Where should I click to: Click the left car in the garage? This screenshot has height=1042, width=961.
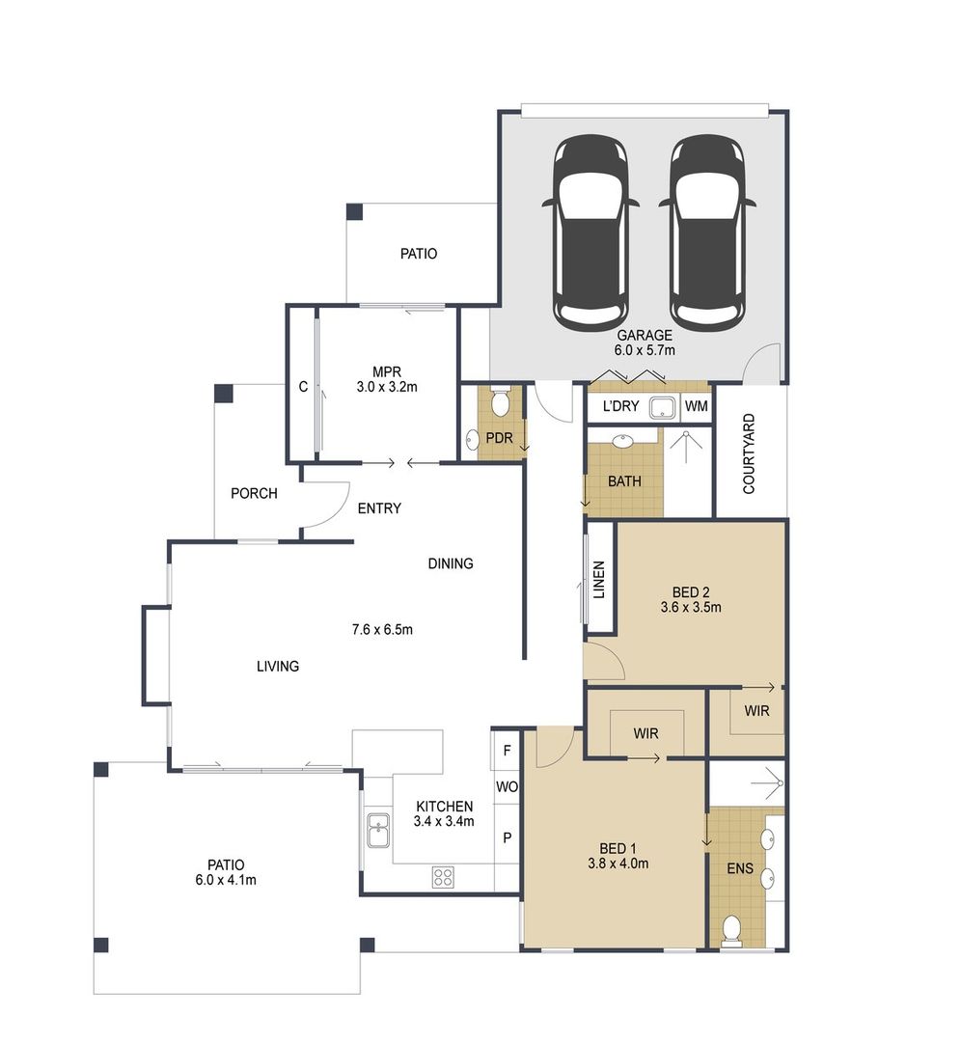[x=590, y=232]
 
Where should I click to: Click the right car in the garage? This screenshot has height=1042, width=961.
[x=707, y=232]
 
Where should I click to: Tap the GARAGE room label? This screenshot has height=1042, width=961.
[x=645, y=336]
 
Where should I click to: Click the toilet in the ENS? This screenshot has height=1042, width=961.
[x=731, y=930]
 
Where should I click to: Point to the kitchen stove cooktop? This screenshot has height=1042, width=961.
[x=443, y=877]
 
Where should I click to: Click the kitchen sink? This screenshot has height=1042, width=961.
[x=377, y=829]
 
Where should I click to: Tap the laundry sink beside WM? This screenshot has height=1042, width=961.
[x=662, y=407]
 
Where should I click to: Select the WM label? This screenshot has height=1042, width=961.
[x=697, y=407]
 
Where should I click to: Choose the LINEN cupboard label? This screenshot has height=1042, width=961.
[x=598, y=579]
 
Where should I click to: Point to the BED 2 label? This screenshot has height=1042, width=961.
[x=691, y=591]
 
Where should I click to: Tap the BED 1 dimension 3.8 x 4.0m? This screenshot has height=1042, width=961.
[x=618, y=864]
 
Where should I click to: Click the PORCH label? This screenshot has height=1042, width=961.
[x=254, y=493]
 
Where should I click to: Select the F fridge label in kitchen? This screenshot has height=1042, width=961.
[x=507, y=748]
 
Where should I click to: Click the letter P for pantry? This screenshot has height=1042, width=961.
[x=507, y=837]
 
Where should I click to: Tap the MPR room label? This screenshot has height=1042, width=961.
[x=386, y=370]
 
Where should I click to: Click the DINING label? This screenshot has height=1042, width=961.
[x=451, y=563]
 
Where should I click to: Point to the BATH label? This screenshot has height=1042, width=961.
[x=624, y=481]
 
